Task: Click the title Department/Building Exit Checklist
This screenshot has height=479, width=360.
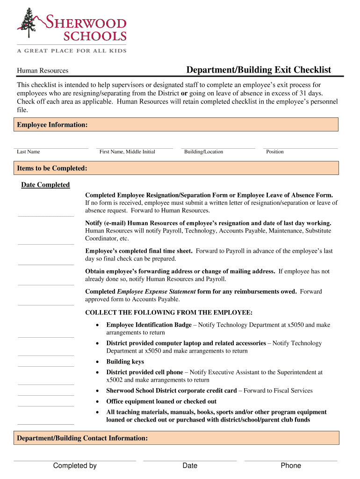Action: (259, 70)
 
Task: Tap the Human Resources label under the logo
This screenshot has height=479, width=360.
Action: (43, 71)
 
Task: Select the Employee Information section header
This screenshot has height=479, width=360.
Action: (52, 124)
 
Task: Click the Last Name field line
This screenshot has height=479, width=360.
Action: (51, 148)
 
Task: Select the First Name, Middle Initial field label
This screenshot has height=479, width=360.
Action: (127, 152)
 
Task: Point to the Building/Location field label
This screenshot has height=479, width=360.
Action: (203, 152)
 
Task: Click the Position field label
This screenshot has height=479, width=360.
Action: (275, 152)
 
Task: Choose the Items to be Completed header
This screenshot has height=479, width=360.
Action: (52, 168)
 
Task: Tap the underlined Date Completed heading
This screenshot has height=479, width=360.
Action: (45, 185)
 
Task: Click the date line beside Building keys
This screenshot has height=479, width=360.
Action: (46, 366)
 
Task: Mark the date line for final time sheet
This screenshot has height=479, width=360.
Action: (46, 264)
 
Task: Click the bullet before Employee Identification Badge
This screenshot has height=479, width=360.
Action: (97, 325)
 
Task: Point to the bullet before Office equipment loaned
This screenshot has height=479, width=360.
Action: (97, 402)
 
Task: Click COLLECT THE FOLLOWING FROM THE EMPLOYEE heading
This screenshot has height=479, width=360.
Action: (169, 312)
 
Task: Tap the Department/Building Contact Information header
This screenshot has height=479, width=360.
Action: (82, 438)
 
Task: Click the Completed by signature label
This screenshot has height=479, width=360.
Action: (75, 465)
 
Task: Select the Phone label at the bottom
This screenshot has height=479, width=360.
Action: (291, 465)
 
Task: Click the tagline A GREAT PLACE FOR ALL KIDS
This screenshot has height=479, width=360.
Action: (72, 51)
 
